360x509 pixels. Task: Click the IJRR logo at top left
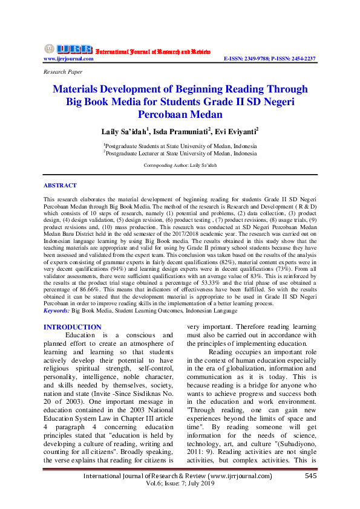68,49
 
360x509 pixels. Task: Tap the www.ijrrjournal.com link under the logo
68,59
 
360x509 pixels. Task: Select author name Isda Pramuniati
180,131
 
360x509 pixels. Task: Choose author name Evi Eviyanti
237,131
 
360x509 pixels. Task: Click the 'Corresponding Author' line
180,165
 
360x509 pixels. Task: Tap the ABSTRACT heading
61,186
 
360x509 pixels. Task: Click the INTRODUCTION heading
72,327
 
